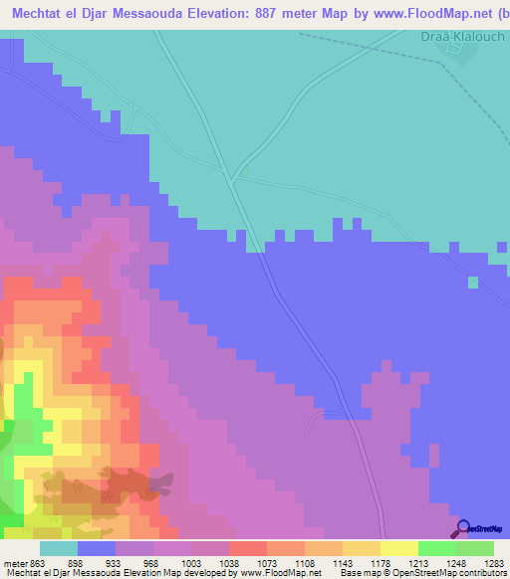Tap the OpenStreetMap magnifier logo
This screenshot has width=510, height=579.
click(x=462, y=528)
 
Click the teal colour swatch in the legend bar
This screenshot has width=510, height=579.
click(x=58, y=548)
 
